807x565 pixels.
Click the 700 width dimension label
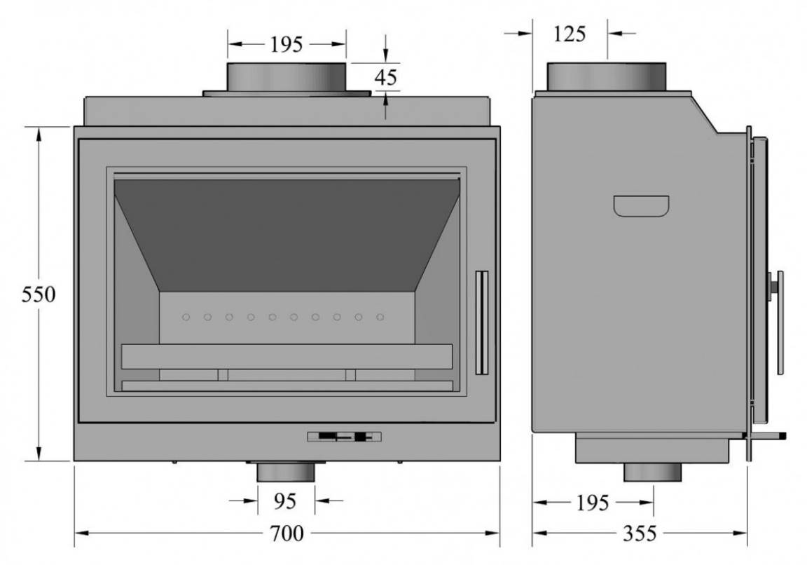(287, 533)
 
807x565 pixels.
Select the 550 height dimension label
(39, 294)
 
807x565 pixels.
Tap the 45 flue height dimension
(386, 77)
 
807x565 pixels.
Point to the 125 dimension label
(570, 34)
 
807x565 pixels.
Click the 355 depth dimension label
(640, 533)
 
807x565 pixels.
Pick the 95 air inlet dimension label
(285, 501)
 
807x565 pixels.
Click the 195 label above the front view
(286, 45)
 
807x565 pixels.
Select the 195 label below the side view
(593, 503)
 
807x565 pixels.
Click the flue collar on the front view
(287, 79)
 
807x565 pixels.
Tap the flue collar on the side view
(606, 77)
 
